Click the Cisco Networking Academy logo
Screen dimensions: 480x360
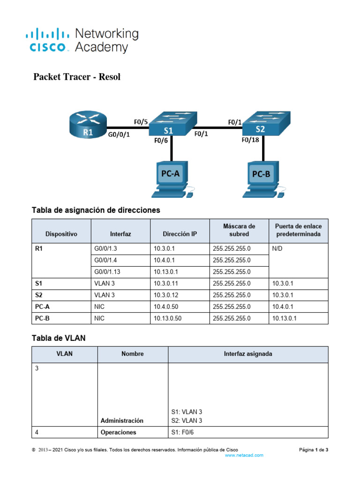(x=82, y=40)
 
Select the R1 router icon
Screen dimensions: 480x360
(x=88, y=126)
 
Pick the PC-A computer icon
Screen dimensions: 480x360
(x=171, y=177)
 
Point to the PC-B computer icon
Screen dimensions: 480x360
(x=262, y=177)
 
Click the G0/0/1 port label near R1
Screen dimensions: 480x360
(x=119, y=134)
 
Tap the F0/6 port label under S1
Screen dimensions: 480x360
(x=161, y=140)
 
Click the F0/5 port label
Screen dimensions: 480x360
(x=141, y=122)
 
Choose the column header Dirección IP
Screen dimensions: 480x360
(x=180, y=233)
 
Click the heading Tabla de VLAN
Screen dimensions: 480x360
(x=59, y=338)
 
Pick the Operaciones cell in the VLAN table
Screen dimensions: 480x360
(x=118, y=432)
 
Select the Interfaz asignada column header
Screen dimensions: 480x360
(x=248, y=354)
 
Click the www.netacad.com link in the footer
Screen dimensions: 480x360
(x=244, y=455)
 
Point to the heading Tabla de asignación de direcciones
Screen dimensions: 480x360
(x=96, y=210)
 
